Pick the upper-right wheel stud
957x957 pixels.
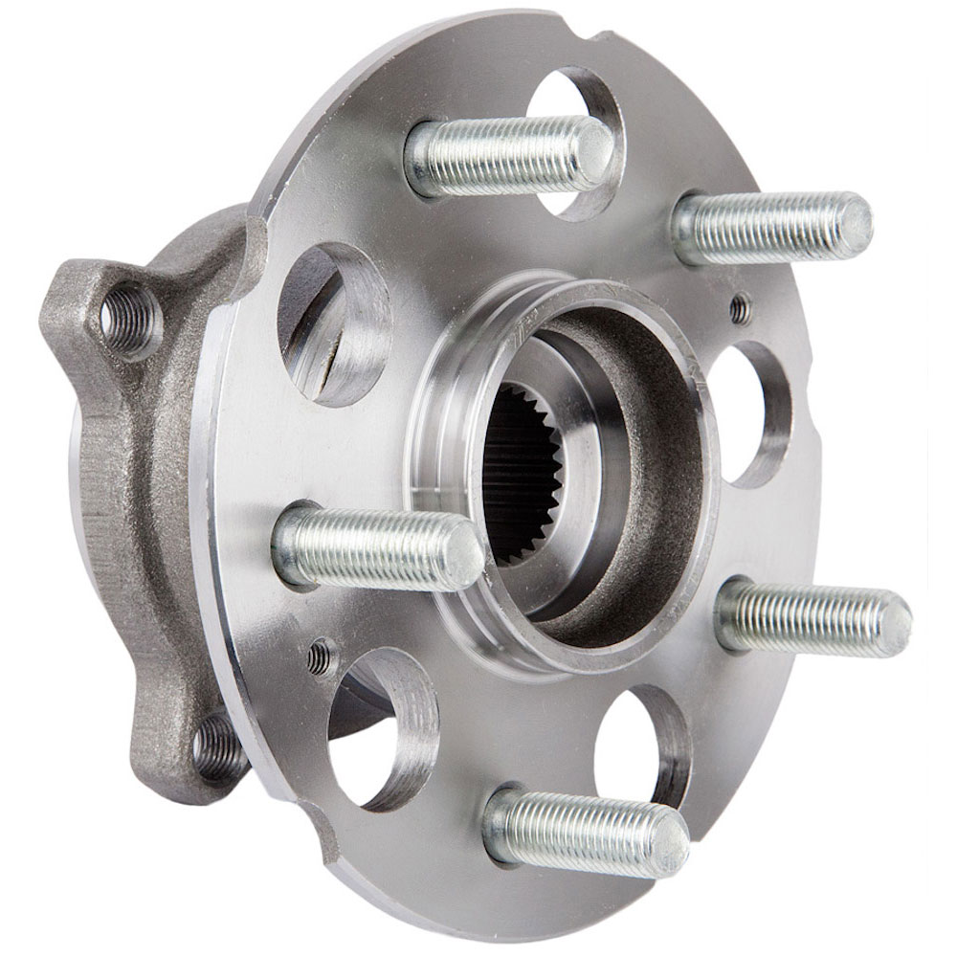tap(770, 227)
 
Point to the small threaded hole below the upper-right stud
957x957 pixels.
tap(738, 308)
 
